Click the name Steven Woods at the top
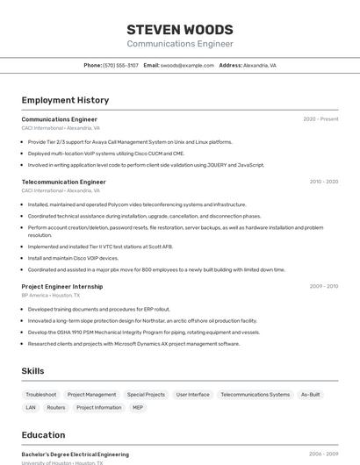point(180,29)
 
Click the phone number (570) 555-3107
point(120,65)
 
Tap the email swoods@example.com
point(187,65)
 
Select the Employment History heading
point(65,100)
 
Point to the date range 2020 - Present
point(320,119)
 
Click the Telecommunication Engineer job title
point(63,182)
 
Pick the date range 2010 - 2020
point(323,182)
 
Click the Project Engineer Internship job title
point(61,286)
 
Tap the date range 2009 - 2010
point(323,286)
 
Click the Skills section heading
point(32,371)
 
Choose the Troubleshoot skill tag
point(41,395)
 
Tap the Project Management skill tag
point(91,395)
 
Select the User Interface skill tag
point(192,395)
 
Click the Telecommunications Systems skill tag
point(255,395)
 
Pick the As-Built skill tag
point(310,395)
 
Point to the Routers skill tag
point(56,407)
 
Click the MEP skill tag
point(138,407)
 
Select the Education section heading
point(43,435)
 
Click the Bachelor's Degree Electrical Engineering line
point(75,454)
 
